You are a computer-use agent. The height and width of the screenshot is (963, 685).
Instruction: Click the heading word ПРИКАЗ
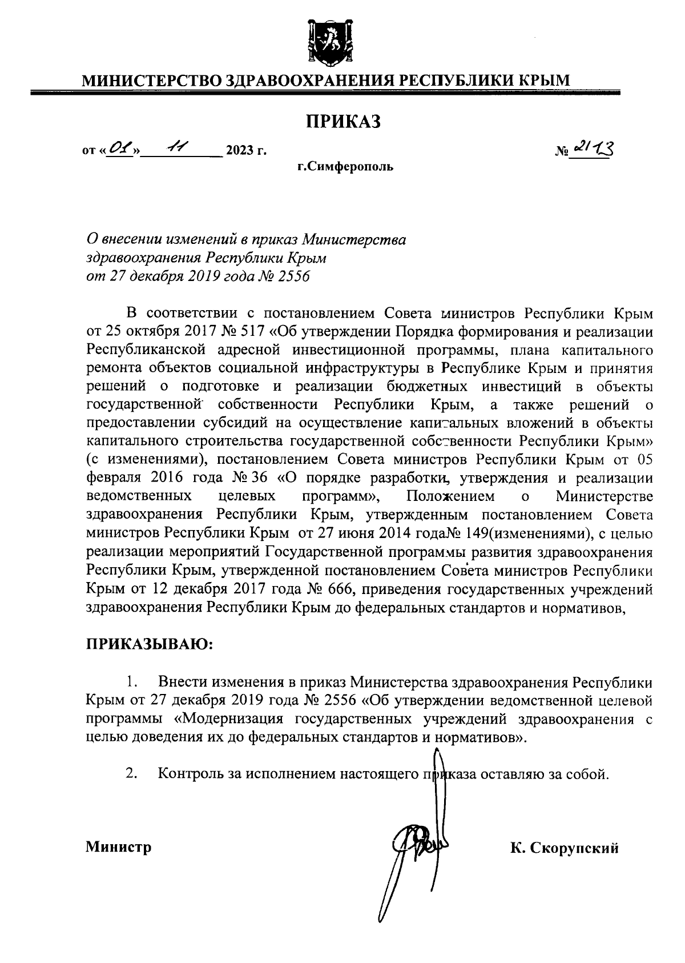pos(343,121)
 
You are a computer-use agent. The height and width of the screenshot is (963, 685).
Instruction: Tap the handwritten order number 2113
pos(593,150)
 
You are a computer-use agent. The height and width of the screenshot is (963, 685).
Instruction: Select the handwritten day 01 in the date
pos(120,150)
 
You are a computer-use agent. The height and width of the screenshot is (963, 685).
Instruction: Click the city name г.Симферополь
pos(344,167)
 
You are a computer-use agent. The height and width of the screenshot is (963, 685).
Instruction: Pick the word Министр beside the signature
pos(119,846)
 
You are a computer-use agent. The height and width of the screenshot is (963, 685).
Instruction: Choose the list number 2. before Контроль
pos(132,774)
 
